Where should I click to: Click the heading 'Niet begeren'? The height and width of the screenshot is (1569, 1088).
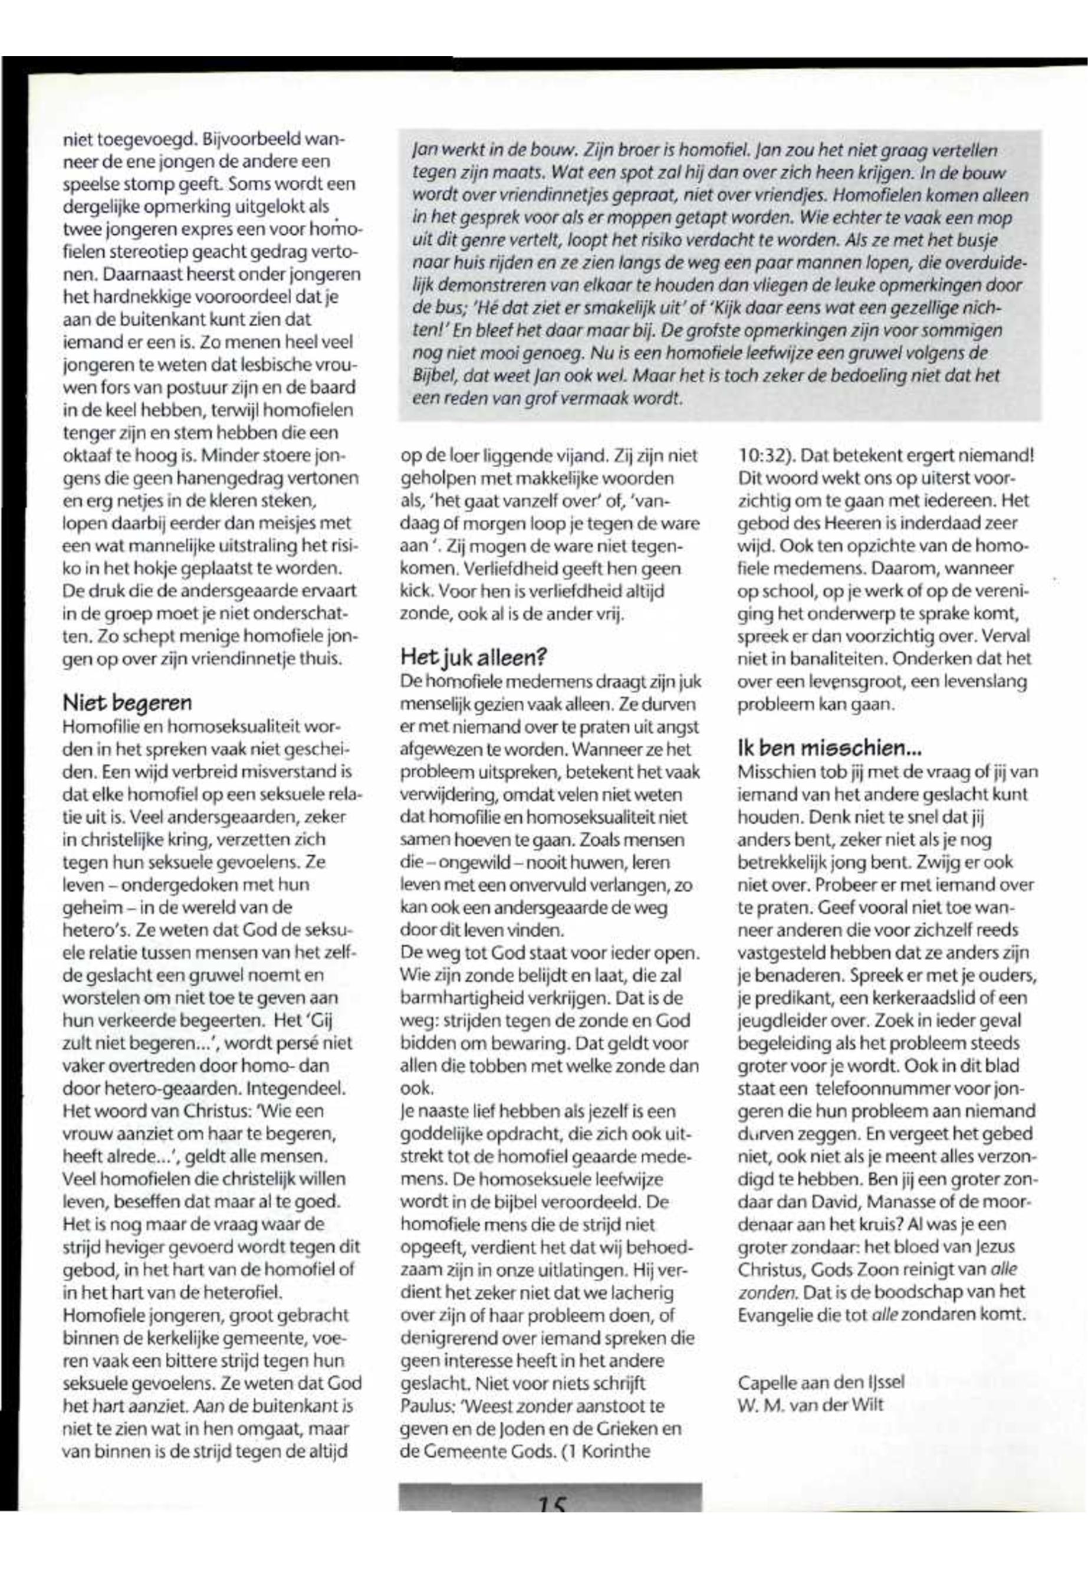[127, 702]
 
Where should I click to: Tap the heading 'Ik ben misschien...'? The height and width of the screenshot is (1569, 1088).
[830, 748]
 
